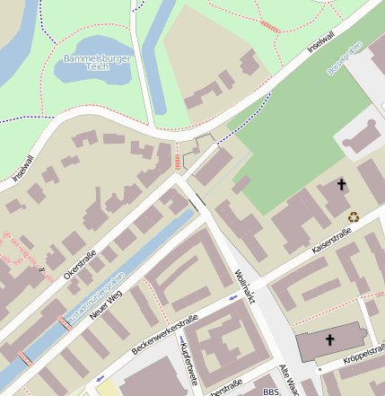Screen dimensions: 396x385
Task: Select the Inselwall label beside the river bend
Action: click(22, 167)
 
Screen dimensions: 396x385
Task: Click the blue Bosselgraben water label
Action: click(345, 57)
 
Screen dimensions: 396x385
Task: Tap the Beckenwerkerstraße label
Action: click(164, 332)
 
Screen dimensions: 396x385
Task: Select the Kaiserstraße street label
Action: click(332, 238)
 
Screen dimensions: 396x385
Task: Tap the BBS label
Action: click(271, 392)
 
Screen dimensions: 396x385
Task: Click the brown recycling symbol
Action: click(354, 216)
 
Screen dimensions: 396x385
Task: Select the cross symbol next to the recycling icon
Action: click(341, 185)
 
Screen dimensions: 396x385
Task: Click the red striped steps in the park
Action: click(269, 26)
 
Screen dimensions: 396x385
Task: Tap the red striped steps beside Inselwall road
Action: click(178, 163)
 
